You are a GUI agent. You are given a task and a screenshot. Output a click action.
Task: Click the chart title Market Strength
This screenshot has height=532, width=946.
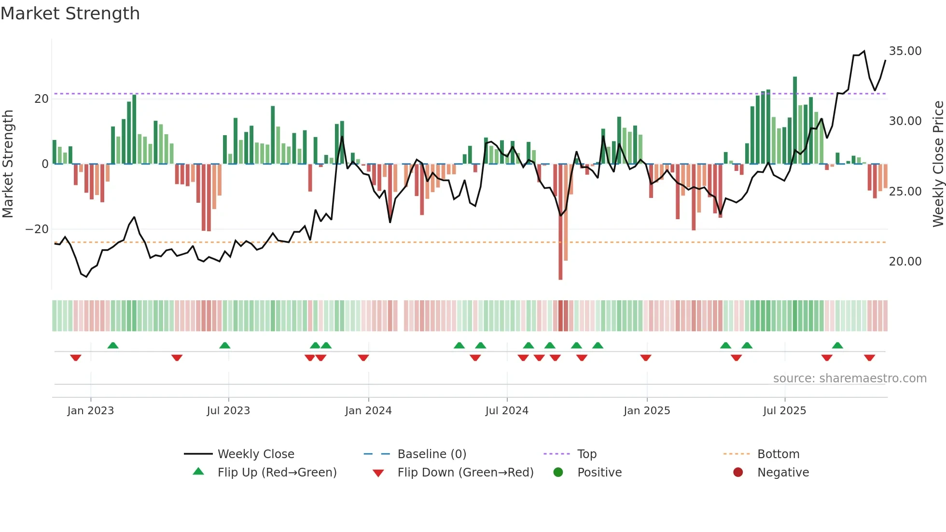70,14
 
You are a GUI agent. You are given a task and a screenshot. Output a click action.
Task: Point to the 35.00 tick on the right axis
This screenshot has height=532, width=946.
905,51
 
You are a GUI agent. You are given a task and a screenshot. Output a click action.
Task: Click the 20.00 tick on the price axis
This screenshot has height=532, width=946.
905,262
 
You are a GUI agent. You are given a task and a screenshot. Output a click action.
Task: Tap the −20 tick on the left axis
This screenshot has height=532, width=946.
37,229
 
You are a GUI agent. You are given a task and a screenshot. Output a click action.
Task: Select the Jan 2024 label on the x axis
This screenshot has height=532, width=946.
368,411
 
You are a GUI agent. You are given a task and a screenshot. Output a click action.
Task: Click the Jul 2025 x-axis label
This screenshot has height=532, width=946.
784,411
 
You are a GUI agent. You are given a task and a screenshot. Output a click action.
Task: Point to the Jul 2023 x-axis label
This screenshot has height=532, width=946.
228,411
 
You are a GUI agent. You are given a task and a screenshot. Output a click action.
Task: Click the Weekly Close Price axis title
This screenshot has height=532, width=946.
938,164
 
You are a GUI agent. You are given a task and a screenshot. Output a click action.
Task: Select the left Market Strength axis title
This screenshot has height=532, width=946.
8,164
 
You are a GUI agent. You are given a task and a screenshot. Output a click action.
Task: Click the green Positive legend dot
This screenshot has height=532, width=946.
558,473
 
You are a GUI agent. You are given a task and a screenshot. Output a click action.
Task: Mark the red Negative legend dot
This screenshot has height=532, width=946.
738,473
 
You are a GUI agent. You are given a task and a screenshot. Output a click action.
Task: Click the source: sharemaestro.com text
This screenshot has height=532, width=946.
849,378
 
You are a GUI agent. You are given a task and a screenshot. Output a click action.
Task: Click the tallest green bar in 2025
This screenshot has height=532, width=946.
795,121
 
